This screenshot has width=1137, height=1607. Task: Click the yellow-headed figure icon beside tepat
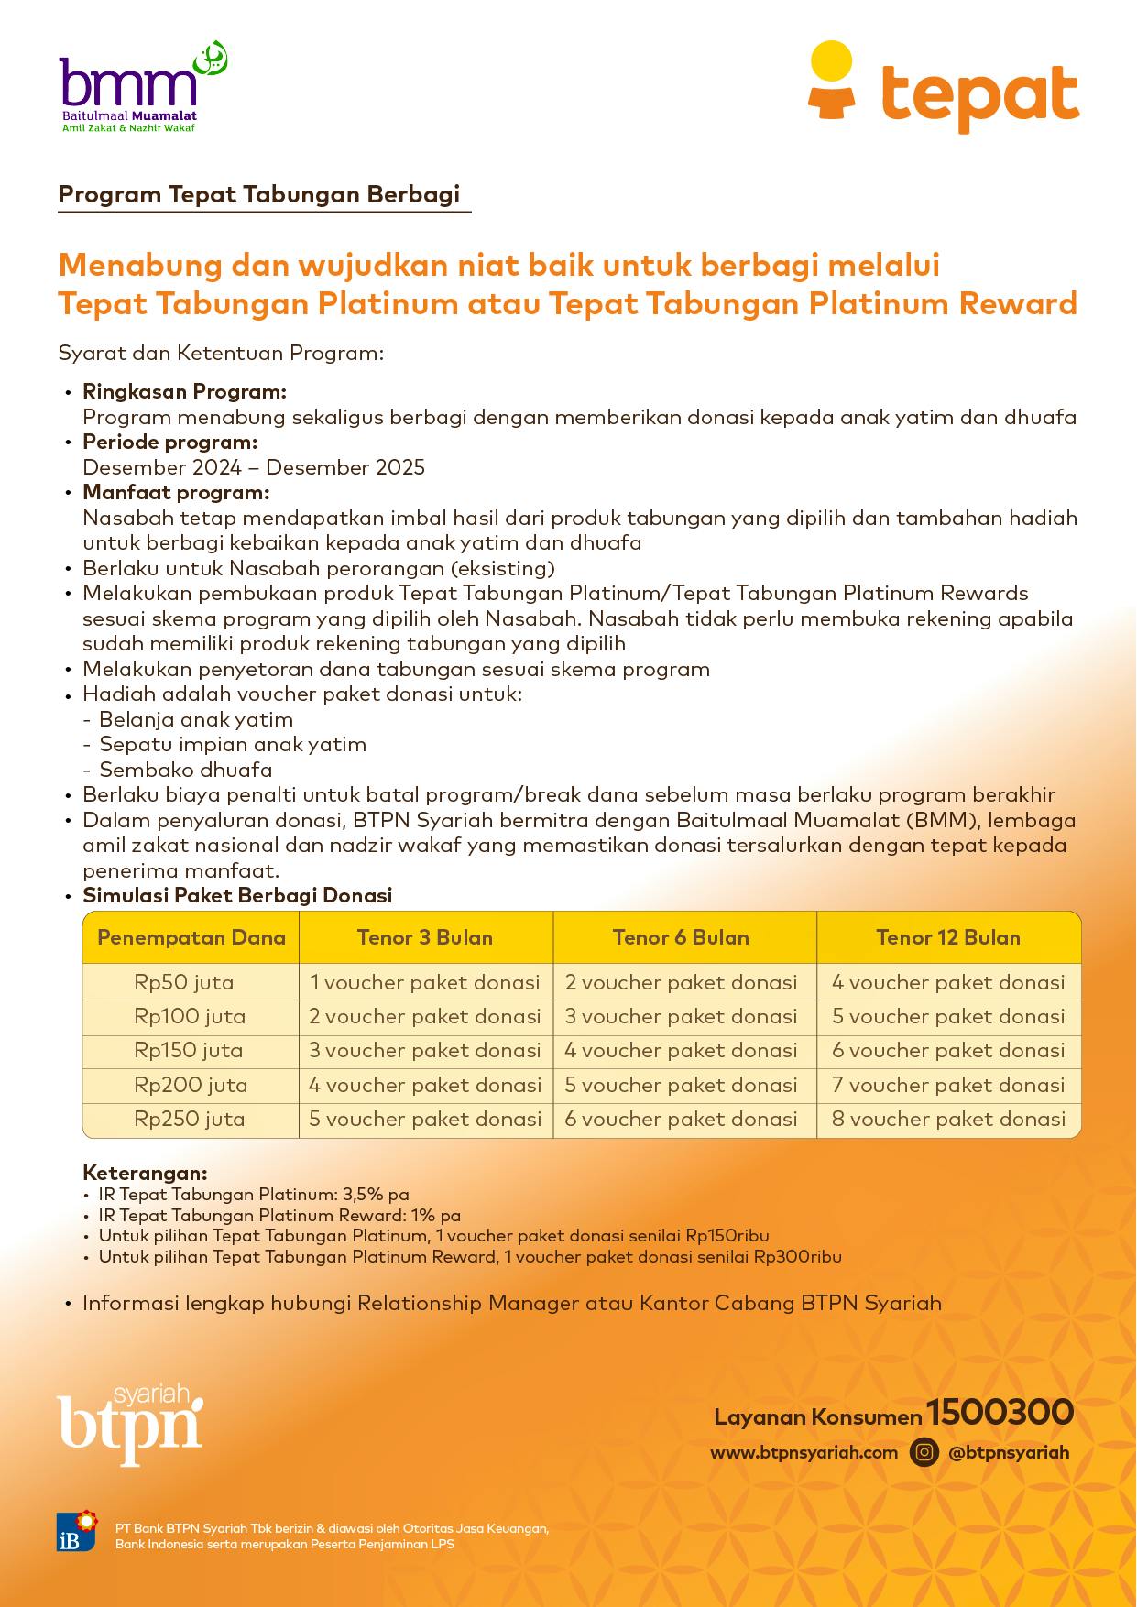point(831,81)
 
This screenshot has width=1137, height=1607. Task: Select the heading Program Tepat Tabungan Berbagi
point(259,195)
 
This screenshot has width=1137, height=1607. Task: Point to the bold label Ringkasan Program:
point(184,392)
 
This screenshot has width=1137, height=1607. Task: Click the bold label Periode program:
point(169,443)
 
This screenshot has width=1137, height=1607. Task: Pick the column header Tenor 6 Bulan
point(681,937)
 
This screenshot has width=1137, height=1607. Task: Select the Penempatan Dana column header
point(191,937)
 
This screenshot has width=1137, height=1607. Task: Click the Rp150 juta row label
point(190,1051)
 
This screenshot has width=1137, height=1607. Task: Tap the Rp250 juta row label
point(190,1119)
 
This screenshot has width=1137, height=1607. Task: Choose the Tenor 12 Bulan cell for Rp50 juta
point(948,983)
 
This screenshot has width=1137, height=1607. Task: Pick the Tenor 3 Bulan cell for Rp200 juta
point(425,1086)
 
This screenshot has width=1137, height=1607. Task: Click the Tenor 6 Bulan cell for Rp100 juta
point(681,1017)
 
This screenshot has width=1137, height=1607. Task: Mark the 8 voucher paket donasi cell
point(948,1119)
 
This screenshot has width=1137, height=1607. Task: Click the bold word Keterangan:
point(145,1173)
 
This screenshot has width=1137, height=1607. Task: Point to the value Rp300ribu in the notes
point(797,1257)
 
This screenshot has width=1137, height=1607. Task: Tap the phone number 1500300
point(1000,1412)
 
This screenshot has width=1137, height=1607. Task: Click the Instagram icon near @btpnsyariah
point(924,1452)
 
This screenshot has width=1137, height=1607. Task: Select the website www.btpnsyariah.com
point(804,1452)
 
